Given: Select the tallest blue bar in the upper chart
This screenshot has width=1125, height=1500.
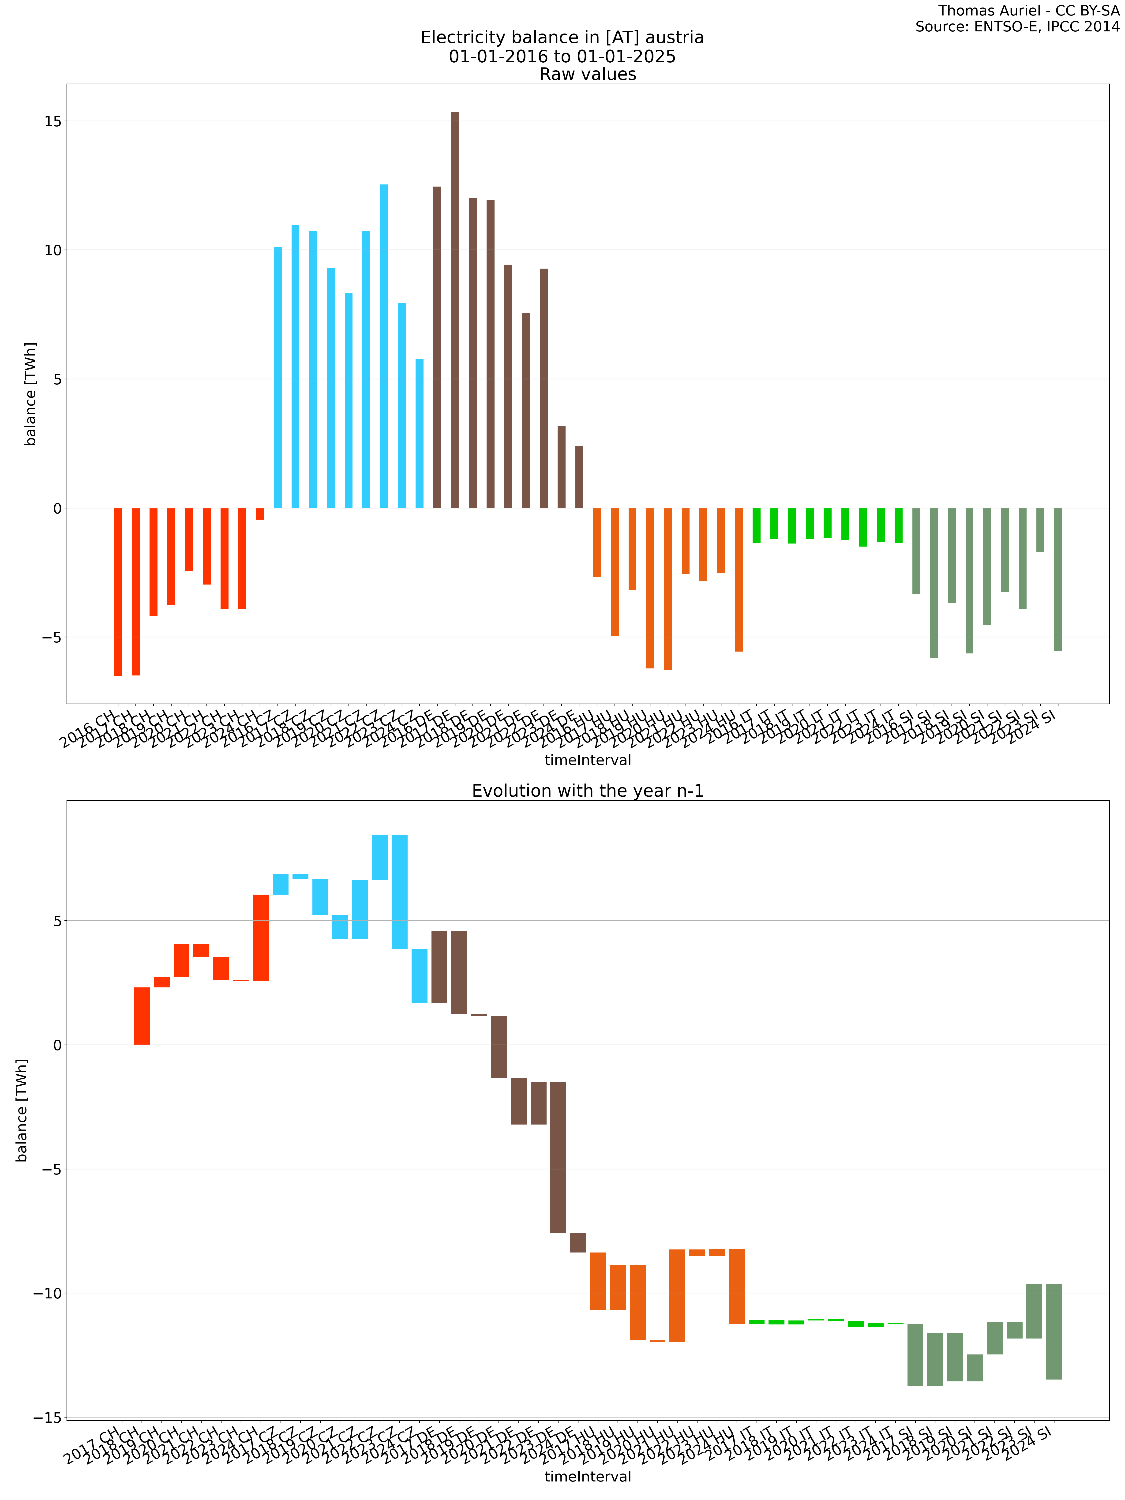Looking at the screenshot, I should coord(384,346).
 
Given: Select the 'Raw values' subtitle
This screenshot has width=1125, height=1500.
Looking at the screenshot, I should coord(588,75).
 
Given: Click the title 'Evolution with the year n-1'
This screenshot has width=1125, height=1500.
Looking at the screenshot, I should coord(588,791).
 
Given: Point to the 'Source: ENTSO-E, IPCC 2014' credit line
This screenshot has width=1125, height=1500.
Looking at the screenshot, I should coord(1017,27).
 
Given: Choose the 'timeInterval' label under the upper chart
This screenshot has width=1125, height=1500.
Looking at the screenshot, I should coord(588,760).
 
